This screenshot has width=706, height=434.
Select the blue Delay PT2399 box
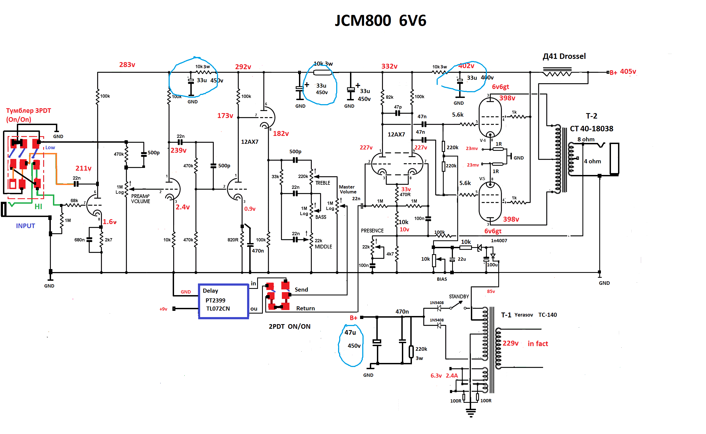223,301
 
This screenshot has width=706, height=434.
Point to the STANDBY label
459,296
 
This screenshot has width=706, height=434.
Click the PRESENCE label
372,231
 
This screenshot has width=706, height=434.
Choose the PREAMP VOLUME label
140,199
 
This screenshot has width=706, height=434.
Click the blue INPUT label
25,226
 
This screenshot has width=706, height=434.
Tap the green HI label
38,206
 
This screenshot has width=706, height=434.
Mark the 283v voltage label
127,65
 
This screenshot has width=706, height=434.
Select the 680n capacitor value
79,240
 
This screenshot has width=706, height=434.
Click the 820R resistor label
233,240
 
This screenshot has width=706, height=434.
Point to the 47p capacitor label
398,107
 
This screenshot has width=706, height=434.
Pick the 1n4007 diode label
499,241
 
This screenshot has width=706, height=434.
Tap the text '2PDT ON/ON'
289,326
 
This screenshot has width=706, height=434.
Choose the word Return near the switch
305,308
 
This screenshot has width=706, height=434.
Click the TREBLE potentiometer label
322,183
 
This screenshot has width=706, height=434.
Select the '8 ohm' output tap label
586,139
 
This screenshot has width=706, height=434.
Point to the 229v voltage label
510,343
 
